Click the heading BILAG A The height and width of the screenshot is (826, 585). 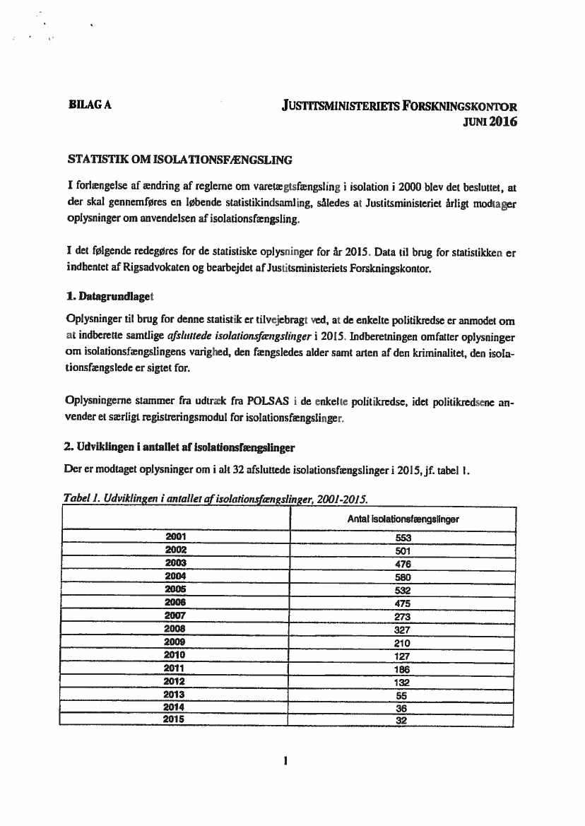pos(87,107)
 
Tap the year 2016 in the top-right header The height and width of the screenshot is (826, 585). pos(503,121)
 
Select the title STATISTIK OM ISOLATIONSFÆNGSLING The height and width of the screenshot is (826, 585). pos(179,160)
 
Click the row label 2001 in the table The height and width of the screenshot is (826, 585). pos(175,537)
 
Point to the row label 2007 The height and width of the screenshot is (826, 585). pos(175,616)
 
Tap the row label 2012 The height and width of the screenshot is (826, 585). pos(174,682)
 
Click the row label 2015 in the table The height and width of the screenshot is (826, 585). pos(174,721)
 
